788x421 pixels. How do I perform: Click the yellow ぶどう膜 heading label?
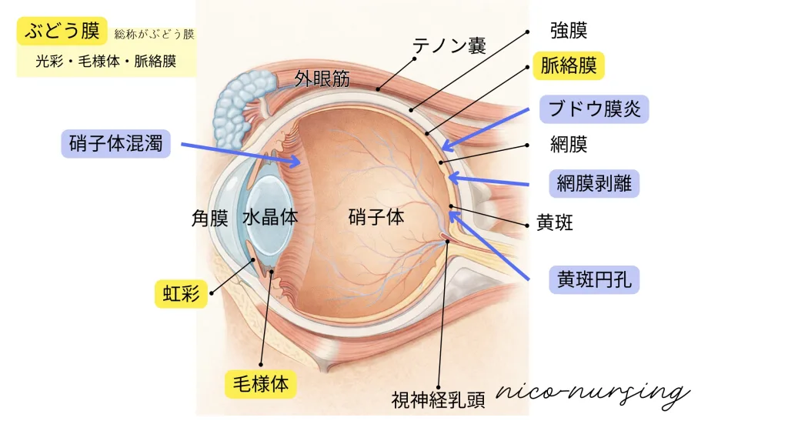click(x=62, y=32)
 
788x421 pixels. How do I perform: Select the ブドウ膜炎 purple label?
click(x=594, y=109)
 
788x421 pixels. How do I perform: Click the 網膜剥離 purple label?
click(x=598, y=184)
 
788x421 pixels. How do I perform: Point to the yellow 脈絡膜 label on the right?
click(x=569, y=65)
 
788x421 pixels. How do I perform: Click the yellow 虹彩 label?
click(x=181, y=294)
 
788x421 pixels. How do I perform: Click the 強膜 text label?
click(x=569, y=31)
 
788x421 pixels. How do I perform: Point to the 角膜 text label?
click(x=209, y=218)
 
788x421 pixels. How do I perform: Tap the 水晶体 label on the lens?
click(x=270, y=217)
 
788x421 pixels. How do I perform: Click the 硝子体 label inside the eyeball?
click(x=376, y=217)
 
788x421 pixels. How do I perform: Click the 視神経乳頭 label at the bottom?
click(x=438, y=399)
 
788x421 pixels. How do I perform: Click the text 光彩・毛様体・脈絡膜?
click(x=106, y=62)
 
